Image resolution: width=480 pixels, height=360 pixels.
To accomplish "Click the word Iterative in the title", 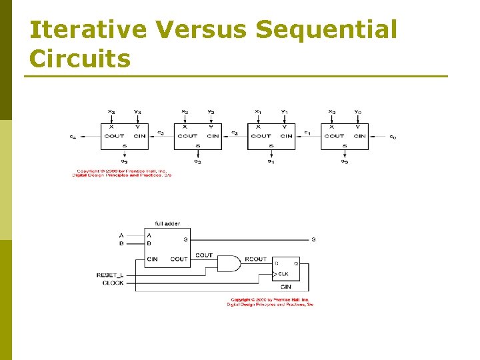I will [x=88, y=30].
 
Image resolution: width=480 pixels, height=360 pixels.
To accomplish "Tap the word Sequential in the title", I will [x=326, y=30].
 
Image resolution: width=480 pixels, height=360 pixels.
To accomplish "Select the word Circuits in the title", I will [x=80, y=59].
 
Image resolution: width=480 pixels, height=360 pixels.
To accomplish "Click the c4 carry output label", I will [x=73, y=137].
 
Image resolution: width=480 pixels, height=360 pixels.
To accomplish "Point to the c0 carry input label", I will [x=393, y=137].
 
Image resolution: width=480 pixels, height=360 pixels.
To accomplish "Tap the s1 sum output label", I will [x=271, y=161].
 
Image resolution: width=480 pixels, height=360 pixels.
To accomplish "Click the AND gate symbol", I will [x=229, y=263].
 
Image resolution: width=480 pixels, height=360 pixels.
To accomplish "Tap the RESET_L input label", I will [x=110, y=275].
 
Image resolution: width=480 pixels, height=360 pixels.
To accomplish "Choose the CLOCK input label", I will [x=113, y=283].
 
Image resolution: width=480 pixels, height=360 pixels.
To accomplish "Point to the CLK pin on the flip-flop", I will [x=283, y=274].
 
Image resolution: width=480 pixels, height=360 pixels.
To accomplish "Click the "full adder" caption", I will [x=167, y=223].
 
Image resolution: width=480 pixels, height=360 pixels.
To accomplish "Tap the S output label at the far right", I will [x=313, y=239].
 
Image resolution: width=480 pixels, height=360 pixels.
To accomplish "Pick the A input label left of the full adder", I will [x=121, y=235].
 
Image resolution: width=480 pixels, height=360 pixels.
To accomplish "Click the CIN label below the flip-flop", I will [x=285, y=287].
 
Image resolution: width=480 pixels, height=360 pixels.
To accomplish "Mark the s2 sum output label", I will [x=197, y=161].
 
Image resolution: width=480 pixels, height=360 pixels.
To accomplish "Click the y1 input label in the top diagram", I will [x=284, y=111].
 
